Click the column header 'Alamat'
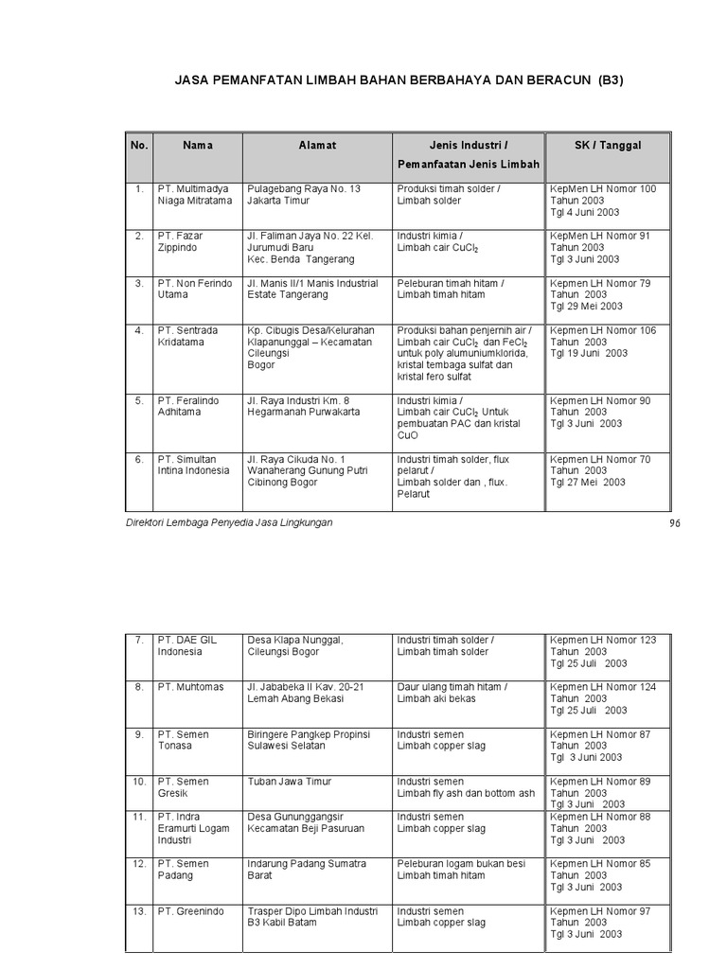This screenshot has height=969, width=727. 317,146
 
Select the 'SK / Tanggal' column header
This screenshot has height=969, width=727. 608,146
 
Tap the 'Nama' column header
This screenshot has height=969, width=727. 198,146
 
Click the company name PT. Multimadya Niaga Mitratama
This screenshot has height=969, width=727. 194,195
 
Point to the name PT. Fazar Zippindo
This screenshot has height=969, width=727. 180,241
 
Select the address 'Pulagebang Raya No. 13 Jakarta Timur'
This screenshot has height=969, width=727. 304,195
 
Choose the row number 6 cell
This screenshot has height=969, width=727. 138,460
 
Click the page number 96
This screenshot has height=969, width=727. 675,523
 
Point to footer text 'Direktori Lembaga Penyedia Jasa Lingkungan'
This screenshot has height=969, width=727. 229,522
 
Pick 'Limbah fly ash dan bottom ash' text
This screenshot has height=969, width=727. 466,794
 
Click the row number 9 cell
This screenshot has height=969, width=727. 138,734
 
